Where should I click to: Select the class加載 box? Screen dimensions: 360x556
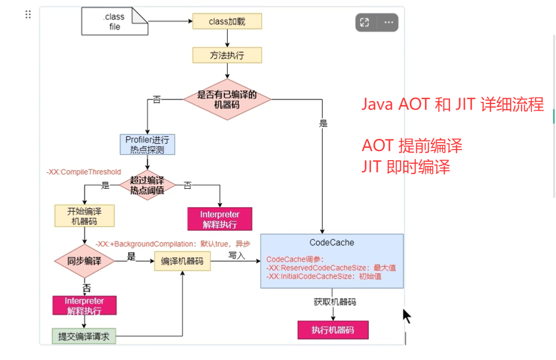pyautogui.click(x=227, y=21)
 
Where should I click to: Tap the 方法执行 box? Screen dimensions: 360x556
pyautogui.click(x=227, y=55)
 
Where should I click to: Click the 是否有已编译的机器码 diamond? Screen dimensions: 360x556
pyautogui.click(x=227, y=99)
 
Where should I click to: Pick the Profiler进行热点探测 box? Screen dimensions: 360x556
pyautogui.click(x=147, y=145)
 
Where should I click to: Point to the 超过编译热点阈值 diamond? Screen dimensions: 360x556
pyautogui.click(x=147, y=185)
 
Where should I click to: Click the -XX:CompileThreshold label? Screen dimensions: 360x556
pyautogui.click(x=84, y=172)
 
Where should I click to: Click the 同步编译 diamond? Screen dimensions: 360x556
pyautogui.click(x=84, y=261)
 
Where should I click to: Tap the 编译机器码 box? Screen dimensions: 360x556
pyautogui.click(x=182, y=261)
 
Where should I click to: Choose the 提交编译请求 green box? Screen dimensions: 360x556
pyautogui.click(x=84, y=336)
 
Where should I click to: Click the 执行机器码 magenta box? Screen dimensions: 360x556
pyautogui.click(x=332, y=330)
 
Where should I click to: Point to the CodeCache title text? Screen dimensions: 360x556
pyautogui.click(x=332, y=242)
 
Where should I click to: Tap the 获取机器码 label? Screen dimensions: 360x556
pyautogui.click(x=335, y=302)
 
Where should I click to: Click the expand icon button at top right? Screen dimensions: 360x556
pyautogui.click(x=364, y=22)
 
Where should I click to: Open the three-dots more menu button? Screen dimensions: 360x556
pyautogui.click(x=389, y=22)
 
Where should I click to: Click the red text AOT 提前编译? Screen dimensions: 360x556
pyautogui.click(x=412, y=145)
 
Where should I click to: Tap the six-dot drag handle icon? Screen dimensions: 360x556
pyautogui.click(x=28, y=14)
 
